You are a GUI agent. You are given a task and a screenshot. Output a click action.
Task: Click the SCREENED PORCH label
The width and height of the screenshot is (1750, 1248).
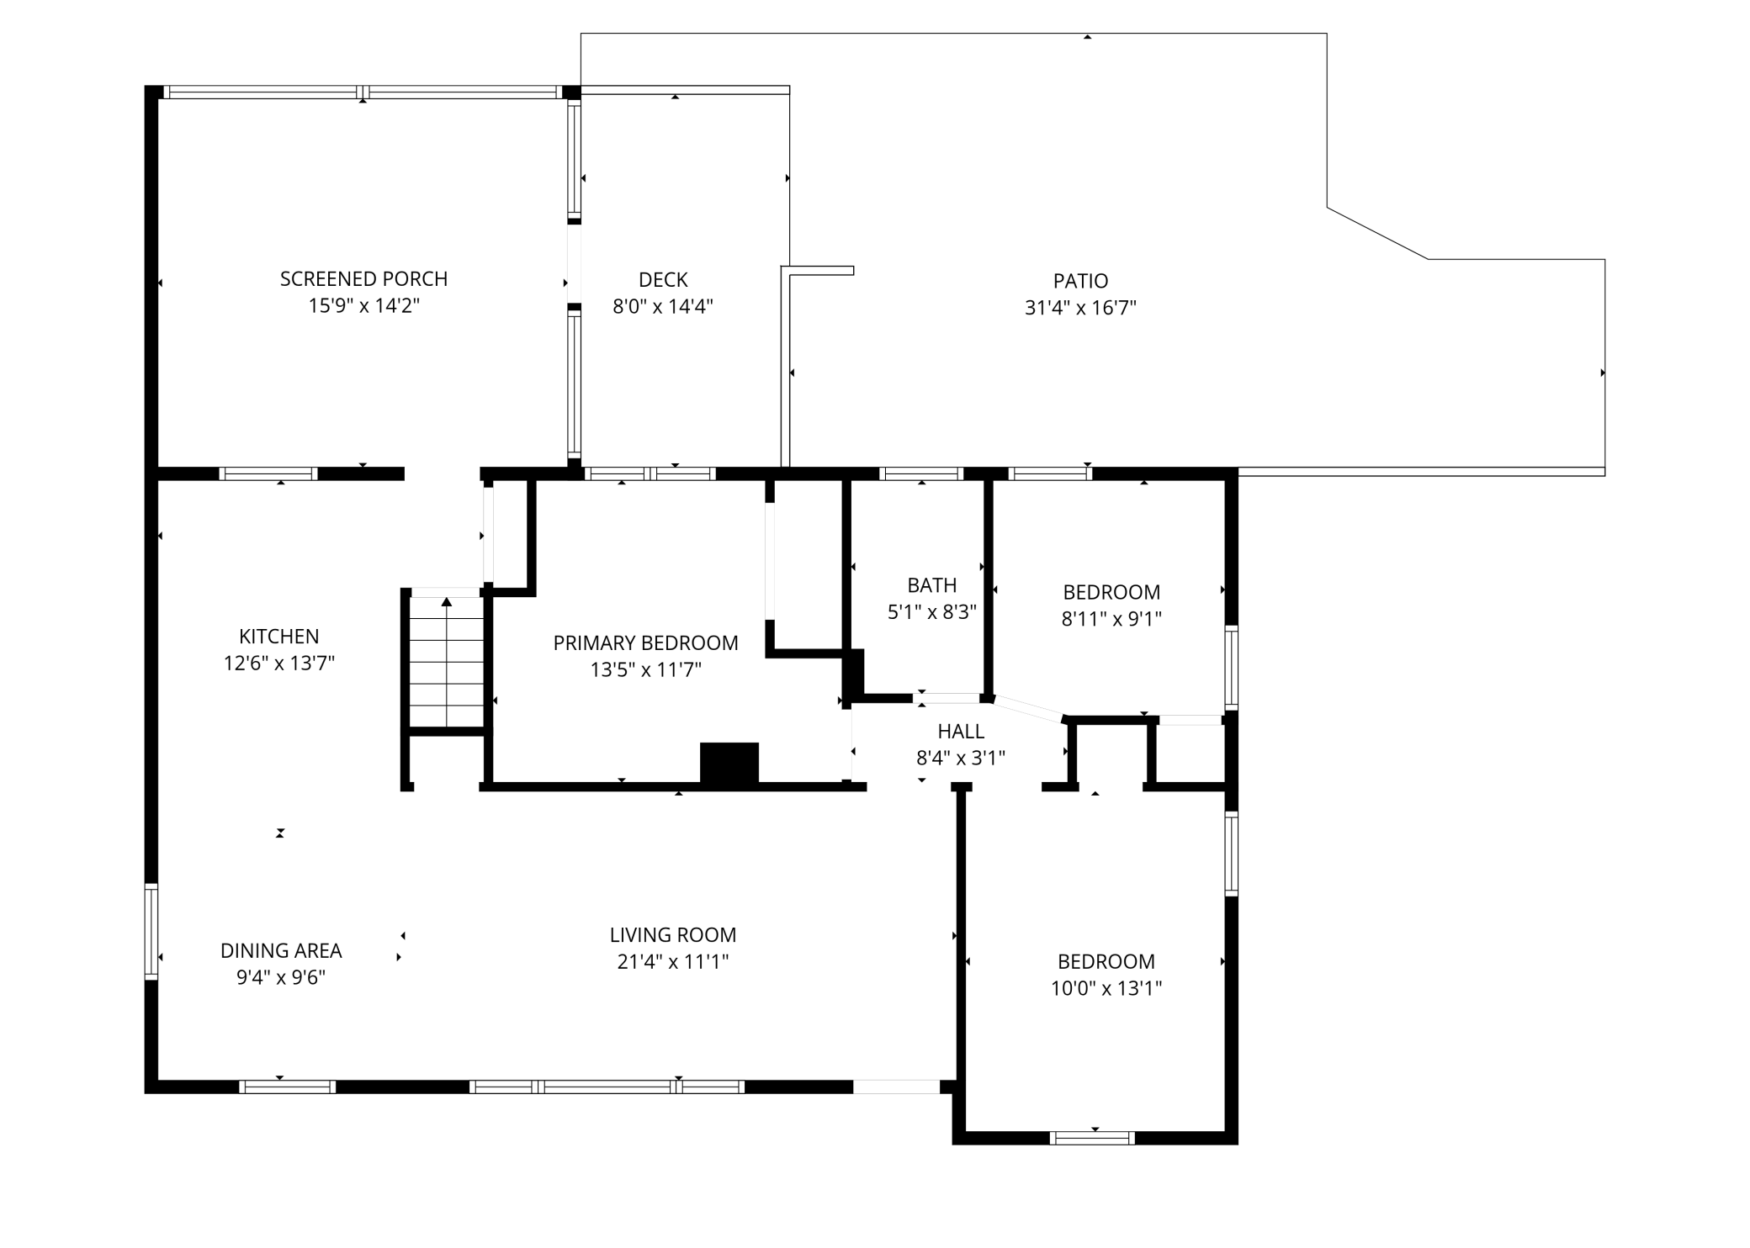coord(363,278)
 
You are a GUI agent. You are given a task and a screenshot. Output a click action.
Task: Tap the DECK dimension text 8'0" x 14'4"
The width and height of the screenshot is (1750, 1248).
coord(663,306)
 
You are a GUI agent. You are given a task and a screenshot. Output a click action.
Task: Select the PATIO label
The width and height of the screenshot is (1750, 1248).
coord(1080,281)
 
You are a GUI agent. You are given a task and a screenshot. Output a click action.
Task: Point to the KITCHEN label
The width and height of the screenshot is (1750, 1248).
coord(279,637)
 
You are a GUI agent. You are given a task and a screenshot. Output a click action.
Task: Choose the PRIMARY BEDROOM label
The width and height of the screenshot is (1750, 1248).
coord(646,643)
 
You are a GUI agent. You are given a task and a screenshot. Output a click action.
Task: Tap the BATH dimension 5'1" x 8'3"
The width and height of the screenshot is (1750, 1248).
coord(932,611)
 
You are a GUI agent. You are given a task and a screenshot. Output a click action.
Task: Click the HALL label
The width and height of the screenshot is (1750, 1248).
coord(961,732)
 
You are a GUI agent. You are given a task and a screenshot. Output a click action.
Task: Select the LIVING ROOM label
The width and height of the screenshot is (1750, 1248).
coord(673,935)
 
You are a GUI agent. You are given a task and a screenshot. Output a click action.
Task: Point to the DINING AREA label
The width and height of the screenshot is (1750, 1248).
coord(281,951)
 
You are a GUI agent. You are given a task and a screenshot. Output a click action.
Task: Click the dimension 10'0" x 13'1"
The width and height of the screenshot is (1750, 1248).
coord(1106,988)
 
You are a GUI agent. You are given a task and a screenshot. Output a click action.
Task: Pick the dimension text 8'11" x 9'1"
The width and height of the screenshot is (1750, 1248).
coord(1111,619)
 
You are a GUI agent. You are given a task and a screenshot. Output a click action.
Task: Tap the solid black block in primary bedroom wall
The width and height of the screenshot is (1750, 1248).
coord(729,763)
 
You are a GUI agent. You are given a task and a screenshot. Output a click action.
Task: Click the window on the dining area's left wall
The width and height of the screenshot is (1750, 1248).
coord(151,931)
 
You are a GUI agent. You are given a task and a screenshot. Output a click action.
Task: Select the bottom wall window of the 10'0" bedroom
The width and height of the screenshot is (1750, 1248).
coord(1092,1138)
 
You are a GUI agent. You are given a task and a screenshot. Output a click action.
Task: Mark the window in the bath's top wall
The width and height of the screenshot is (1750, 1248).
coord(921,473)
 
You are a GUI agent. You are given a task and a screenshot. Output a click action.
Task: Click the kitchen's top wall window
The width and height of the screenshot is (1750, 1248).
coord(268,473)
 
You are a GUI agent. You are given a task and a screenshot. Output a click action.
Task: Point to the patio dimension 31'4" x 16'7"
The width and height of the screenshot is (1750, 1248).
coord(1080,308)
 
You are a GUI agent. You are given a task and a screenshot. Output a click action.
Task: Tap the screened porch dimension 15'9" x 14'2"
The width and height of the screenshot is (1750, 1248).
coord(363,305)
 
